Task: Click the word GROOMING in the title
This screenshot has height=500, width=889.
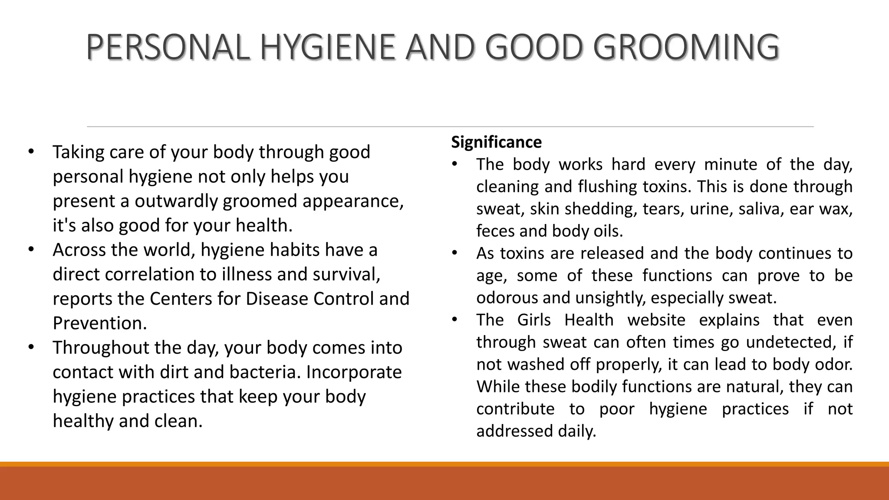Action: [x=685, y=47]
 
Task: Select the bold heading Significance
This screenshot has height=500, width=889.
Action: [x=496, y=142]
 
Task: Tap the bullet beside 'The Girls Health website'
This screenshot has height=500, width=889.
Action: [x=454, y=320]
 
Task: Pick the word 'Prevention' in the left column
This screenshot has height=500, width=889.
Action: [x=99, y=323]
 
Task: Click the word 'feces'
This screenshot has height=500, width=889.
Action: [x=495, y=231]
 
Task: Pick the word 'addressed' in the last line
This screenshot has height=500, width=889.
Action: [x=514, y=431]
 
